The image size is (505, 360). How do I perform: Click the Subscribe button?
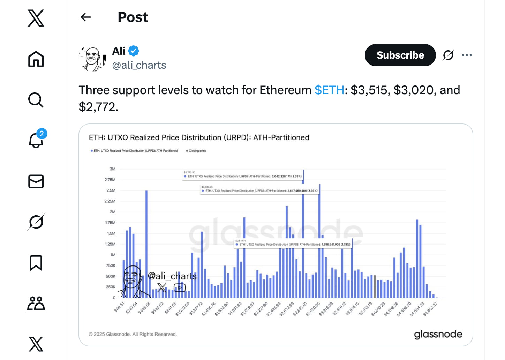(400, 55)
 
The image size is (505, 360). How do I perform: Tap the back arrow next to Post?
(85, 17)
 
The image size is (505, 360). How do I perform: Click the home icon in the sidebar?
(36, 59)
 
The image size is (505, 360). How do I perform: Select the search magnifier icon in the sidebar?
(36, 100)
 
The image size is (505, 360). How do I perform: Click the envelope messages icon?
(36, 181)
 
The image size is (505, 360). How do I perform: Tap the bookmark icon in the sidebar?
(36, 263)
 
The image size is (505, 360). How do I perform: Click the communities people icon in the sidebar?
(36, 303)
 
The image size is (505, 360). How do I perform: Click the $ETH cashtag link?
(329, 90)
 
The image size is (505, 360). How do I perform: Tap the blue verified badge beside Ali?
(134, 51)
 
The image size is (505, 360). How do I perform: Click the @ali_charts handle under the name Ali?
(139, 65)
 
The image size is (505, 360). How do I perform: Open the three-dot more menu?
(467, 55)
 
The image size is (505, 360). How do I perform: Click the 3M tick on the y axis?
(112, 169)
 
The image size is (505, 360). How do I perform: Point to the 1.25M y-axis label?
(110, 244)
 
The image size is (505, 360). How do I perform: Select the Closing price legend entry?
(197, 151)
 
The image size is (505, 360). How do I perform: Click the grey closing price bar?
(375, 286)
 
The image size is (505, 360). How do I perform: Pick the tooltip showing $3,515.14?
(293, 243)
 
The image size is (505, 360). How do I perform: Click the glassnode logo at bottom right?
(438, 334)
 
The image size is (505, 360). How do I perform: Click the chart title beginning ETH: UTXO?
(199, 137)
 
